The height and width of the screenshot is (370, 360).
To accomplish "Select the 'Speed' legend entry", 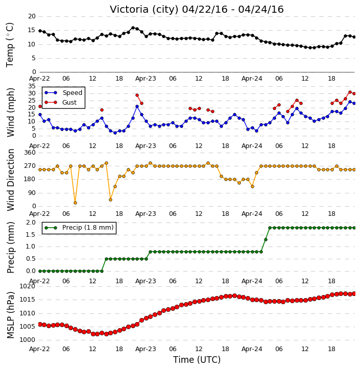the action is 63,93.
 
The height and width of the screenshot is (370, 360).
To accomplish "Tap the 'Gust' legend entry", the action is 61,103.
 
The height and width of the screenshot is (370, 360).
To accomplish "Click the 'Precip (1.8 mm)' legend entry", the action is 79,228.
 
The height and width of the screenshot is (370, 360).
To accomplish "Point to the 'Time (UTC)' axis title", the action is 197,360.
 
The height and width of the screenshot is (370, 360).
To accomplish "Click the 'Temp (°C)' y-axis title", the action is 10,45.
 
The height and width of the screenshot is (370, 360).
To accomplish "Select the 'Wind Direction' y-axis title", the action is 11,180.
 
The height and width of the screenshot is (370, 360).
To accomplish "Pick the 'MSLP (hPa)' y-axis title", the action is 11,315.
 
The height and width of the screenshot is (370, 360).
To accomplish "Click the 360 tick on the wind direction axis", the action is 30,153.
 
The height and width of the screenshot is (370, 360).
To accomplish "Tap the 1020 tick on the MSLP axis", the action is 27,286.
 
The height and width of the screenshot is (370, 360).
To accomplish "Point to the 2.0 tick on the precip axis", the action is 31,223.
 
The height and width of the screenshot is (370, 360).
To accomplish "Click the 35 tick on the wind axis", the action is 32,86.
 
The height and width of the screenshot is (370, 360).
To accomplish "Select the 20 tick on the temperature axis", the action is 32,16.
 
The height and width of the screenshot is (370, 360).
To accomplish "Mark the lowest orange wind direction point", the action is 75,203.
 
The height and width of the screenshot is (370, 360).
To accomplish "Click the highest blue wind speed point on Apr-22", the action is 137,107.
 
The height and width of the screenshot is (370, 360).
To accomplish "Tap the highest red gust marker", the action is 350,92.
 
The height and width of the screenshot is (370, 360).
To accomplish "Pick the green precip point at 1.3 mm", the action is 266,240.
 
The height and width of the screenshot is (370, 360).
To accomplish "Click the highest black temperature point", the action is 133,28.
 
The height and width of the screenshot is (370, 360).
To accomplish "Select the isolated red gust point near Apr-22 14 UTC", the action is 102,110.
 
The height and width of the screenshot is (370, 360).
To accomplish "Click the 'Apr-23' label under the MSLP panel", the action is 146,349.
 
